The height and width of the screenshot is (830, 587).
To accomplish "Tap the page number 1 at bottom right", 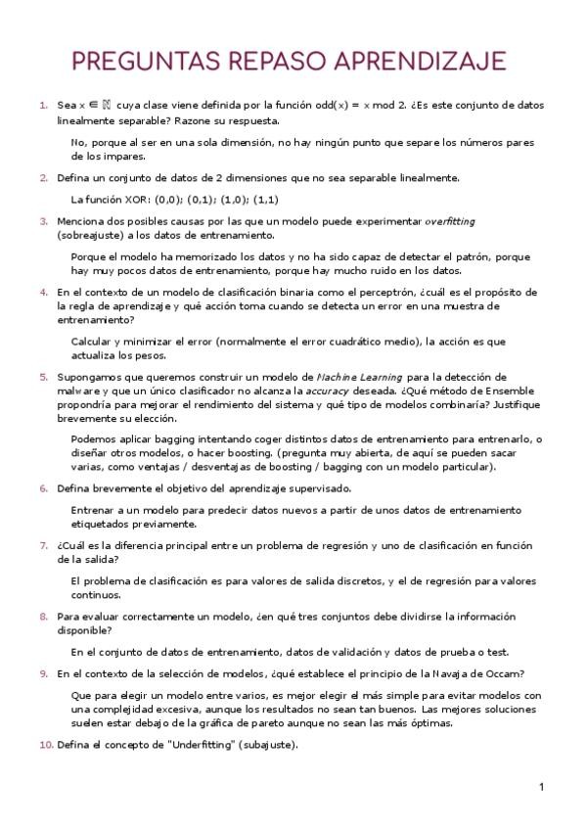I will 540,786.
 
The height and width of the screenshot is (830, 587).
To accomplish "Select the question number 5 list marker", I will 43,377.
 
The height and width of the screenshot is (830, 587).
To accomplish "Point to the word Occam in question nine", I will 504,673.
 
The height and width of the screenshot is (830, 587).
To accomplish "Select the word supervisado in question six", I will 316,487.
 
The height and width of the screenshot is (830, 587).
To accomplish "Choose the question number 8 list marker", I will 43,617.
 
